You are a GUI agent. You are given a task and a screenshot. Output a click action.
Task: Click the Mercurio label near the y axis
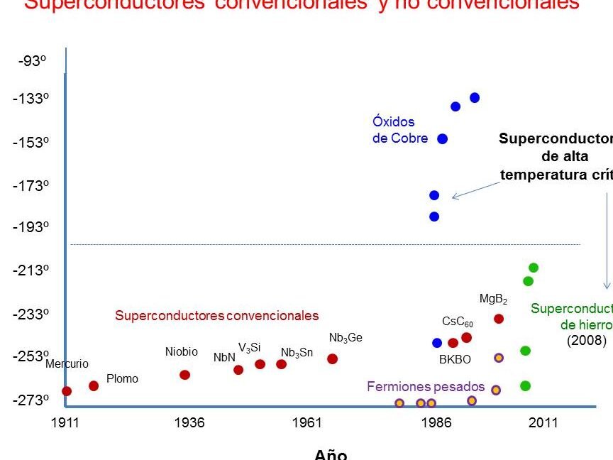pos(67,364)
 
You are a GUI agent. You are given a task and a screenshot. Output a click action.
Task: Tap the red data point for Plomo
pos(94,385)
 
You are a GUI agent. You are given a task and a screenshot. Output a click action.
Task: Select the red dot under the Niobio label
pos(185,375)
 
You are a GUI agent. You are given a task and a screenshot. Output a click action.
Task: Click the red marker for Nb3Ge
pos(332,358)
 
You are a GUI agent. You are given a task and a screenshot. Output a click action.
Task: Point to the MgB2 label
pos(493,300)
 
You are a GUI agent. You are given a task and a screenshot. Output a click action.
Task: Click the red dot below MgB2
pos(499,319)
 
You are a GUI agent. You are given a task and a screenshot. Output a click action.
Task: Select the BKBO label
pos(455,359)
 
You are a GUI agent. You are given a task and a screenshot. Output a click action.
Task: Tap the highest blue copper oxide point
pos(475,97)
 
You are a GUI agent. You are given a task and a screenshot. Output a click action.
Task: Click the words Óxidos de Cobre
pos(399,130)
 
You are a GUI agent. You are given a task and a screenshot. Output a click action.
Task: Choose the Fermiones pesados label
pos(426,387)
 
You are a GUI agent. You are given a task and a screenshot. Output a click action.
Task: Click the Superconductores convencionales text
pos(217,316)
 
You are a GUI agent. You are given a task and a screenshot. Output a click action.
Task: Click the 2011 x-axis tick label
pos(543,423)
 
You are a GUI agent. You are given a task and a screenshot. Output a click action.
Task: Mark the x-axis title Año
pos(331,454)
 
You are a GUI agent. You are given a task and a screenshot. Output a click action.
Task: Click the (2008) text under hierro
pos(586,340)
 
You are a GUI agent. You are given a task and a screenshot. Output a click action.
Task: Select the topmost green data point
pos(534,268)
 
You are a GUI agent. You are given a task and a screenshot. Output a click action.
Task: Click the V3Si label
pos(249,348)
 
